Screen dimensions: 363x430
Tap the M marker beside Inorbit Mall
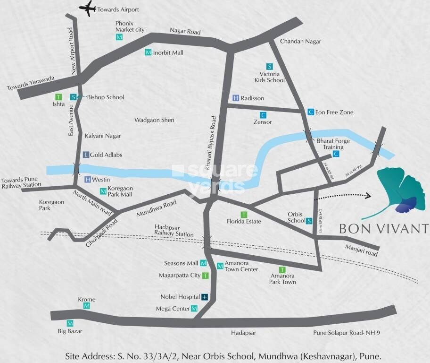click(x=148, y=52)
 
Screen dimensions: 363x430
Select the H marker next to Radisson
click(x=236, y=98)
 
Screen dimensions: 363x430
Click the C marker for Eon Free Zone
click(x=310, y=112)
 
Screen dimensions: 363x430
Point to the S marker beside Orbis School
click(x=309, y=220)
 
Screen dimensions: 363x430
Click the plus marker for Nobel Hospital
click(x=205, y=297)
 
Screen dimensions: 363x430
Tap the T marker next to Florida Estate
click(x=244, y=214)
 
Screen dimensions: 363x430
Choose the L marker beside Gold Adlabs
click(x=85, y=155)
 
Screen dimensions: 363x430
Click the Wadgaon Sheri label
click(x=154, y=120)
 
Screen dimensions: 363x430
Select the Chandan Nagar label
click(x=300, y=42)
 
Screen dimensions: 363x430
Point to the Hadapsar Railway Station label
click(x=174, y=231)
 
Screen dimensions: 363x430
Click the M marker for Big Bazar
click(x=70, y=323)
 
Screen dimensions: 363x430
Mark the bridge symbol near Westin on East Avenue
click(x=76, y=168)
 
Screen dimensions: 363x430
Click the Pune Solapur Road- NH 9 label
click(x=347, y=333)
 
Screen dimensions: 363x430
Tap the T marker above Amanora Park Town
click(x=282, y=269)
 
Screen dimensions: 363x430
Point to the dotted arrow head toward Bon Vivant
click(x=368, y=195)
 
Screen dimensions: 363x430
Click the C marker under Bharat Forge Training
click(x=336, y=154)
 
